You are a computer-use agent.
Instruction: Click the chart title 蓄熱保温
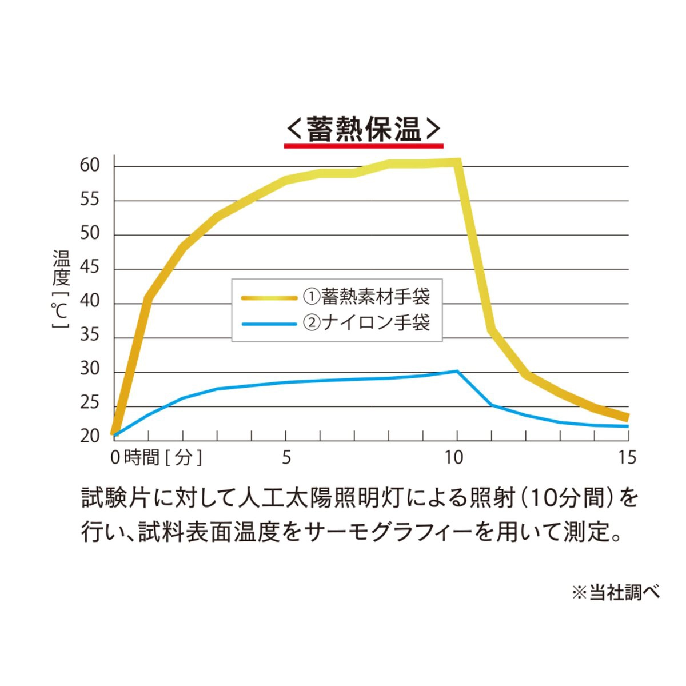pos(364,129)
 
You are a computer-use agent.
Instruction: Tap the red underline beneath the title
pos(364,146)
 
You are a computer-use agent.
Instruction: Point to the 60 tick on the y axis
pos(90,166)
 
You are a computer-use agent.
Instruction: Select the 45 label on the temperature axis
pos(90,268)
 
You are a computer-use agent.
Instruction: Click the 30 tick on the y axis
pos(90,370)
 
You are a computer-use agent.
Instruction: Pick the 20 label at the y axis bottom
pos(90,437)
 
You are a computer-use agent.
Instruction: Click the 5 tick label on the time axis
pos(286,458)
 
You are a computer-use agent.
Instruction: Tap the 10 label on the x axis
pos(454,458)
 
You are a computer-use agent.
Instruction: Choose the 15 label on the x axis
pos(627,458)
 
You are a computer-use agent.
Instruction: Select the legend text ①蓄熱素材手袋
pos(366,297)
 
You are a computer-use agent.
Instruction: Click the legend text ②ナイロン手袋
pos(366,323)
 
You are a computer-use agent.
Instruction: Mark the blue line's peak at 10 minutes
pos(457,371)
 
